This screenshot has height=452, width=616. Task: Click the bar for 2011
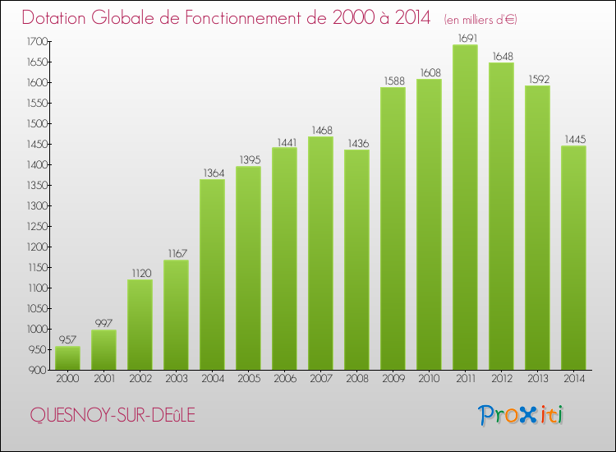(x=465, y=207)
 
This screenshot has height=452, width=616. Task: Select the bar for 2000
(x=67, y=357)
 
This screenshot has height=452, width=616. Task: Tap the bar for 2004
(x=212, y=274)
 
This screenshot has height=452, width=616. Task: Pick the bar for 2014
(x=573, y=258)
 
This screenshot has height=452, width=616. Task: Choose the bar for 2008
(x=356, y=260)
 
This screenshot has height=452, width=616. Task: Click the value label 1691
(x=465, y=38)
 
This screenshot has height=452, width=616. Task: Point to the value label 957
(x=67, y=339)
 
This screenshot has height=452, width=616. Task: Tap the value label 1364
(x=212, y=173)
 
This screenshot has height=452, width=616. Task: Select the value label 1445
(x=573, y=139)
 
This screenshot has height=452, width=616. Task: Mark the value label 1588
(x=393, y=81)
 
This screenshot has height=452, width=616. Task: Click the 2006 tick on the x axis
(x=284, y=379)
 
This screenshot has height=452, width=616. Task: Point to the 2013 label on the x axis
(x=537, y=379)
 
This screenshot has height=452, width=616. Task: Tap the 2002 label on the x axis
(x=140, y=379)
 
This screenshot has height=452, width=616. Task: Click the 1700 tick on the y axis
(x=37, y=41)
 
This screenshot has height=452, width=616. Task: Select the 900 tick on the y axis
(x=39, y=370)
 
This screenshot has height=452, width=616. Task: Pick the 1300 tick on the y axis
(x=37, y=205)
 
